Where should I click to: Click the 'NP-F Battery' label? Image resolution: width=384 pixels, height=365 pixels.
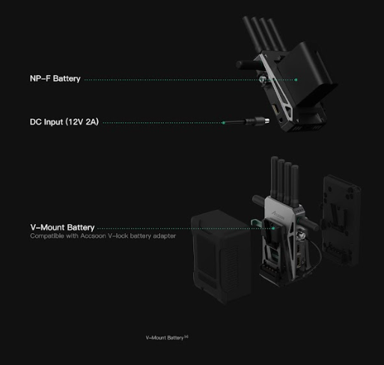pyautogui.click(x=55, y=79)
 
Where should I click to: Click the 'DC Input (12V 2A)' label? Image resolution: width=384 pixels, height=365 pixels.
pyautogui.click(x=64, y=122)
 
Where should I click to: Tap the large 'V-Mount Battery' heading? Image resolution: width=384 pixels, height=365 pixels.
pyautogui.click(x=62, y=227)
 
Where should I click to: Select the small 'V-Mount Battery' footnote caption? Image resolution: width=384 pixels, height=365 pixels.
pyautogui.click(x=167, y=338)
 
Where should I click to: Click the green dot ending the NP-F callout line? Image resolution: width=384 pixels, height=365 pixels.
pyautogui.click(x=296, y=79)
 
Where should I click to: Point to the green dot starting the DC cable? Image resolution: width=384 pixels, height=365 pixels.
pyautogui.click(x=224, y=123)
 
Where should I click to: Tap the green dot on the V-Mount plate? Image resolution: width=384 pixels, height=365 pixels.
pyautogui.click(x=273, y=229)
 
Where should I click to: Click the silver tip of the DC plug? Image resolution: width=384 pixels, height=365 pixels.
pyautogui.click(x=267, y=121)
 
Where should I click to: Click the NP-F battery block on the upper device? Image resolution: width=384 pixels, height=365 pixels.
pyautogui.click(x=309, y=73)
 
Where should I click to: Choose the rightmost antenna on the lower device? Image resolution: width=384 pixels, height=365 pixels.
pyautogui.click(x=295, y=186)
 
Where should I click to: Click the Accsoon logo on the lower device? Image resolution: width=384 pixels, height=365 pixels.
pyautogui.click(x=278, y=214)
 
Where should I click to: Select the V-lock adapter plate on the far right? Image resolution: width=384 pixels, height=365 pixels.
pyautogui.click(x=341, y=220)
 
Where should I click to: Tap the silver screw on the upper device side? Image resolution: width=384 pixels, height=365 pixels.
pyautogui.click(x=263, y=79)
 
